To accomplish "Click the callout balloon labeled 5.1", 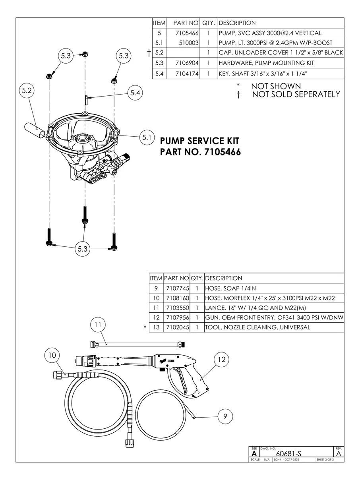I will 146,138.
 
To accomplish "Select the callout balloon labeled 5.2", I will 27,91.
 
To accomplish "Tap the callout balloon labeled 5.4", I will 135,93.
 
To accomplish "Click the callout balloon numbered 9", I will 225,416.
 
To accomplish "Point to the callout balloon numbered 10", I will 52,355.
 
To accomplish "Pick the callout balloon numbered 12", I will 222,360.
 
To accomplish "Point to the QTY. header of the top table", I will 208,23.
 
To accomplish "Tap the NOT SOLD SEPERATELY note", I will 296,94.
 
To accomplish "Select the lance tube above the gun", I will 137,342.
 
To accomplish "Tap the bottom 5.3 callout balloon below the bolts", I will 82,249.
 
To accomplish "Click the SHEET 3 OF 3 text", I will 325,460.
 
